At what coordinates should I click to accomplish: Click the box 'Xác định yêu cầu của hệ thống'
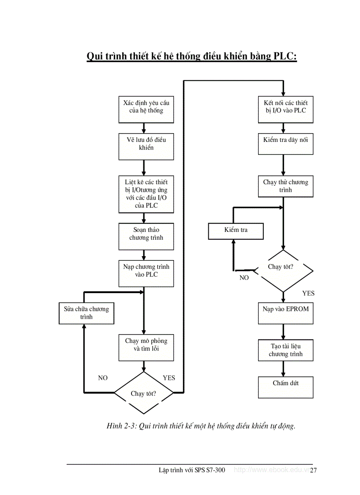tap(146, 110)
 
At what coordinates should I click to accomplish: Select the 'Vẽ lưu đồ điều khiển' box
tap(146, 147)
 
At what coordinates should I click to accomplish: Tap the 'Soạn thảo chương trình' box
tap(146, 236)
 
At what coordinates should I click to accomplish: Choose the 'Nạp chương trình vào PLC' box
tap(146, 273)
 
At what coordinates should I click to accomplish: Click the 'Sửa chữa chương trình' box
tap(86, 313)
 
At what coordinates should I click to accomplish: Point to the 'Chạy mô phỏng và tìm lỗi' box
tap(146, 347)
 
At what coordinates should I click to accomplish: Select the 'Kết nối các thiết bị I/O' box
tap(285, 110)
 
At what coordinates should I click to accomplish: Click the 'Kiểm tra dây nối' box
tap(285, 143)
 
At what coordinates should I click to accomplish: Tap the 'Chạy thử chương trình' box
tap(285, 186)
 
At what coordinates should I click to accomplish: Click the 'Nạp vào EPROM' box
tap(285, 313)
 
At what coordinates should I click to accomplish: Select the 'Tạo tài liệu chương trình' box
tap(285, 350)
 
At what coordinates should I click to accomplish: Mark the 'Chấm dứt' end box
tap(285, 387)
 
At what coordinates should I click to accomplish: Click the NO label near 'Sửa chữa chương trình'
tap(103, 378)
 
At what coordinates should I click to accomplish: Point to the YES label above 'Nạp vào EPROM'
tap(308, 293)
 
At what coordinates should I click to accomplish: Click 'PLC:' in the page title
tap(283, 56)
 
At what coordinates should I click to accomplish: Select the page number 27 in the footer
tap(313, 470)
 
